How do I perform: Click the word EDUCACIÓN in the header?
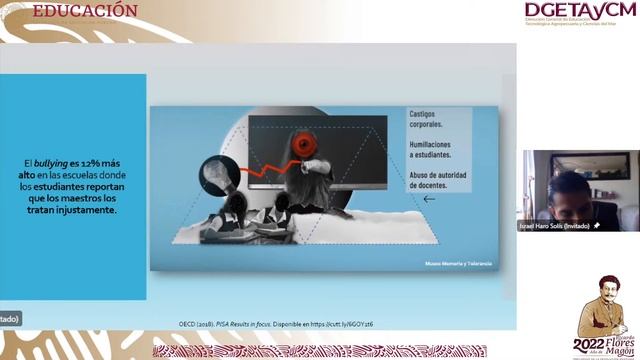[x=85, y=10]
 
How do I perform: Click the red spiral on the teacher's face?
[x=306, y=146]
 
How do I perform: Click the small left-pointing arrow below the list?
[x=429, y=199]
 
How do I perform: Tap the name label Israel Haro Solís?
[x=554, y=226]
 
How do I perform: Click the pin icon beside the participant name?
[x=597, y=226]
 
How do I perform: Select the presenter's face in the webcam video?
[x=570, y=190]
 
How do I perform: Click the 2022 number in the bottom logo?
[x=590, y=345]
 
